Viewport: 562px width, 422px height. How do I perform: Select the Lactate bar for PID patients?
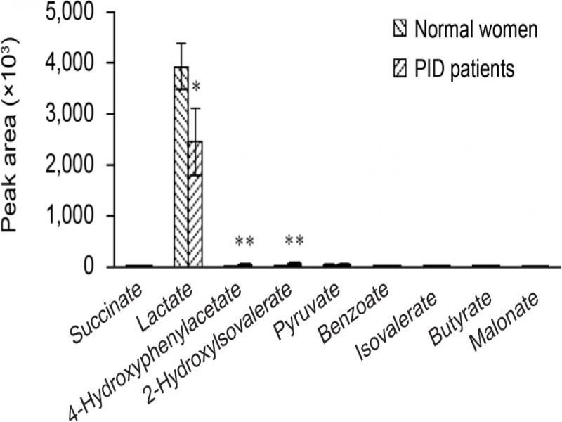tap(195, 204)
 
